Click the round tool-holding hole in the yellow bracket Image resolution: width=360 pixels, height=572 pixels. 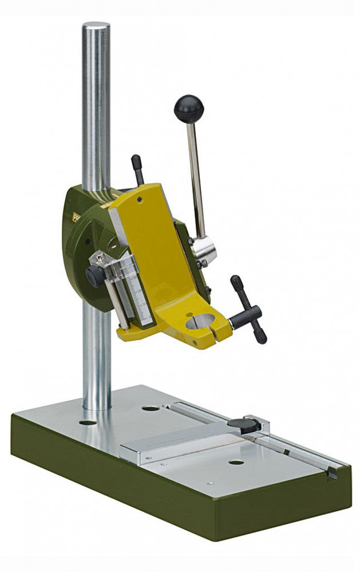[200, 322]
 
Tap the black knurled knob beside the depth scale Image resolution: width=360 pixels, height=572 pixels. [93, 277]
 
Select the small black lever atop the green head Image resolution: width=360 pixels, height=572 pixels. [137, 169]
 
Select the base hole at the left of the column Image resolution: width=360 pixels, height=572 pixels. [88, 423]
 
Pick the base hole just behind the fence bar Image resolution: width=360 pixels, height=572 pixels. [151, 408]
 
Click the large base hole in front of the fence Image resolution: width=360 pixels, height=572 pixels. [236, 461]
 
